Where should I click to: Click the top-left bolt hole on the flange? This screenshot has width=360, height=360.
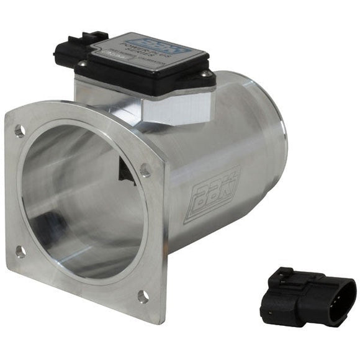20,131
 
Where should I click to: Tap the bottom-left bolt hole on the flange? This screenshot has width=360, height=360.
20,252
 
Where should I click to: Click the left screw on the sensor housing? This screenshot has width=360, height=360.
82,64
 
